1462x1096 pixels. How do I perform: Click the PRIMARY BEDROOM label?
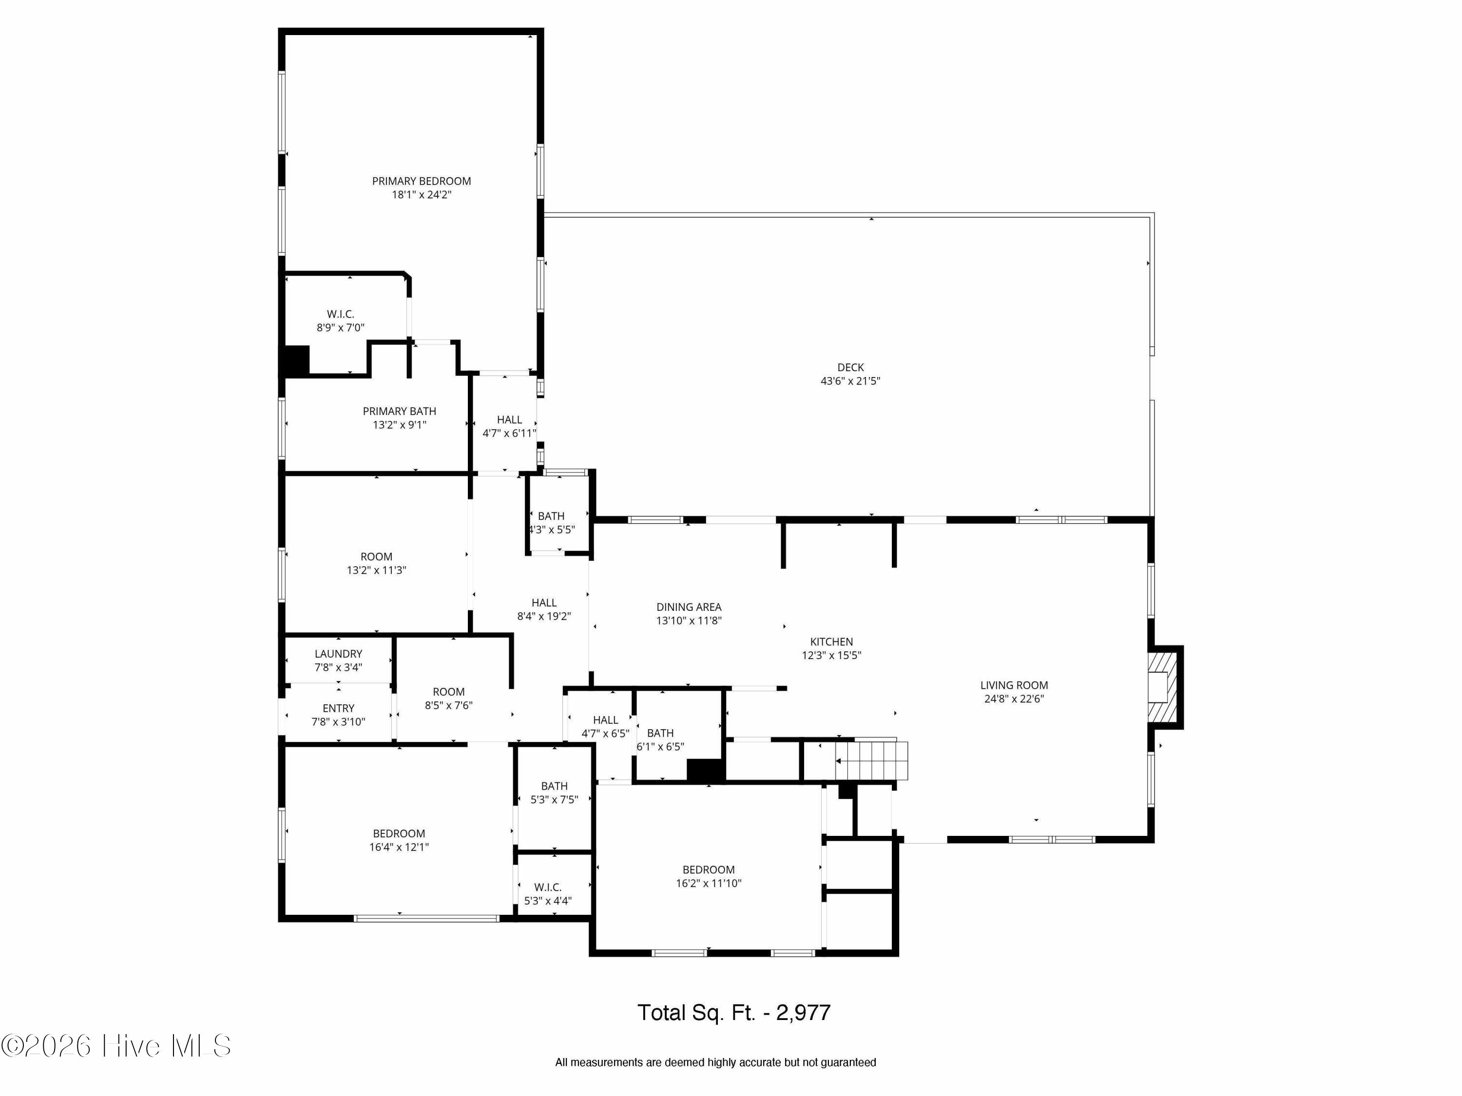point(422,181)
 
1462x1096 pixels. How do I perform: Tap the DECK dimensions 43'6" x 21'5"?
point(850,381)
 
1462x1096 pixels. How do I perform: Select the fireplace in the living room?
point(1165,687)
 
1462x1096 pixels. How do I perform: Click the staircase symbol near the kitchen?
point(871,760)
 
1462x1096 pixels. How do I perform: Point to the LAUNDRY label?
point(338,654)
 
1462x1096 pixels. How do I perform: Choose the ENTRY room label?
point(338,708)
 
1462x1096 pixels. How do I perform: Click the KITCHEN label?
point(831,642)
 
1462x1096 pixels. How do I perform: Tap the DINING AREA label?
point(689,607)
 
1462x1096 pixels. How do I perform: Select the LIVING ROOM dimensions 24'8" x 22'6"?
point(1014,699)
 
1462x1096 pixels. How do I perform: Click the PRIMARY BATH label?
point(399,412)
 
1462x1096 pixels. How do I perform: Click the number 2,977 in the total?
point(803,1013)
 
